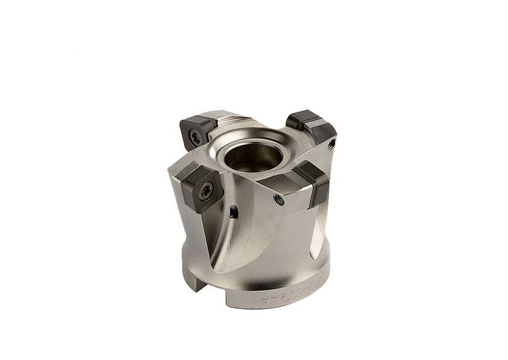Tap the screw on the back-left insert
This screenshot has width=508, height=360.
pyautogui.click(x=195, y=137)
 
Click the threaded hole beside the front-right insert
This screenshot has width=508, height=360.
pyautogui.click(x=279, y=199)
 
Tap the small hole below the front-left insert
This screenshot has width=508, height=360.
pyautogui.click(x=234, y=212)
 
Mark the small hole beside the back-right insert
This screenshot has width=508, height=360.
pyautogui.click(x=331, y=144)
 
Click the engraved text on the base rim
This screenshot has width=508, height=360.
pyautogui.click(x=284, y=294)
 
